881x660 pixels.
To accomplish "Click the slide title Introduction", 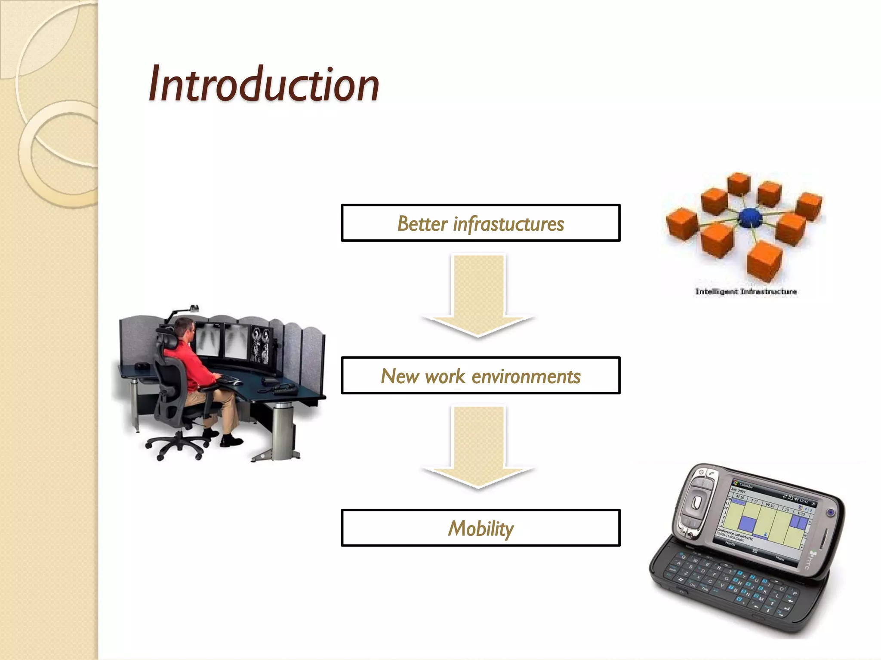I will [263, 84].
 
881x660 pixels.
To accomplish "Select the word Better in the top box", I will [422, 224].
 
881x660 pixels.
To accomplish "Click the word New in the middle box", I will [400, 376].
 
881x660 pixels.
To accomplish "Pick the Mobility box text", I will [481, 529].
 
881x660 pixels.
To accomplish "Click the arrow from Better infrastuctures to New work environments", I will [478, 296].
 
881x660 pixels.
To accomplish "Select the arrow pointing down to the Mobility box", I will [478, 449].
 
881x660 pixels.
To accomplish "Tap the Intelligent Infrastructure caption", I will [746, 291].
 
